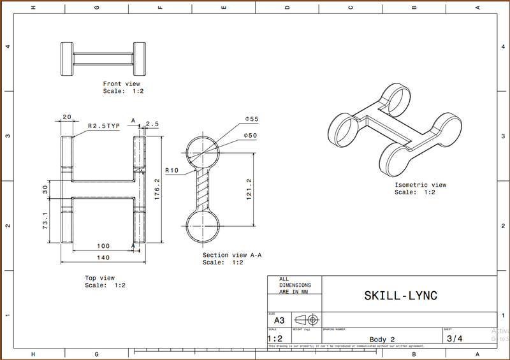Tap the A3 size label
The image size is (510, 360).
[x=279, y=320]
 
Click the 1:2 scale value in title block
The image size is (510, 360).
[x=275, y=338]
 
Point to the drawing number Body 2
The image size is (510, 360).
[x=382, y=339]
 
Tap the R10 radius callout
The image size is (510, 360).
[x=171, y=171]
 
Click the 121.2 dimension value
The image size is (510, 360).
[x=249, y=189]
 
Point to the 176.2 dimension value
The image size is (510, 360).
[x=157, y=189]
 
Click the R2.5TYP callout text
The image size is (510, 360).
[x=104, y=126]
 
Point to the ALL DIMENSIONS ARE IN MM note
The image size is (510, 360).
[x=293, y=285]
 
